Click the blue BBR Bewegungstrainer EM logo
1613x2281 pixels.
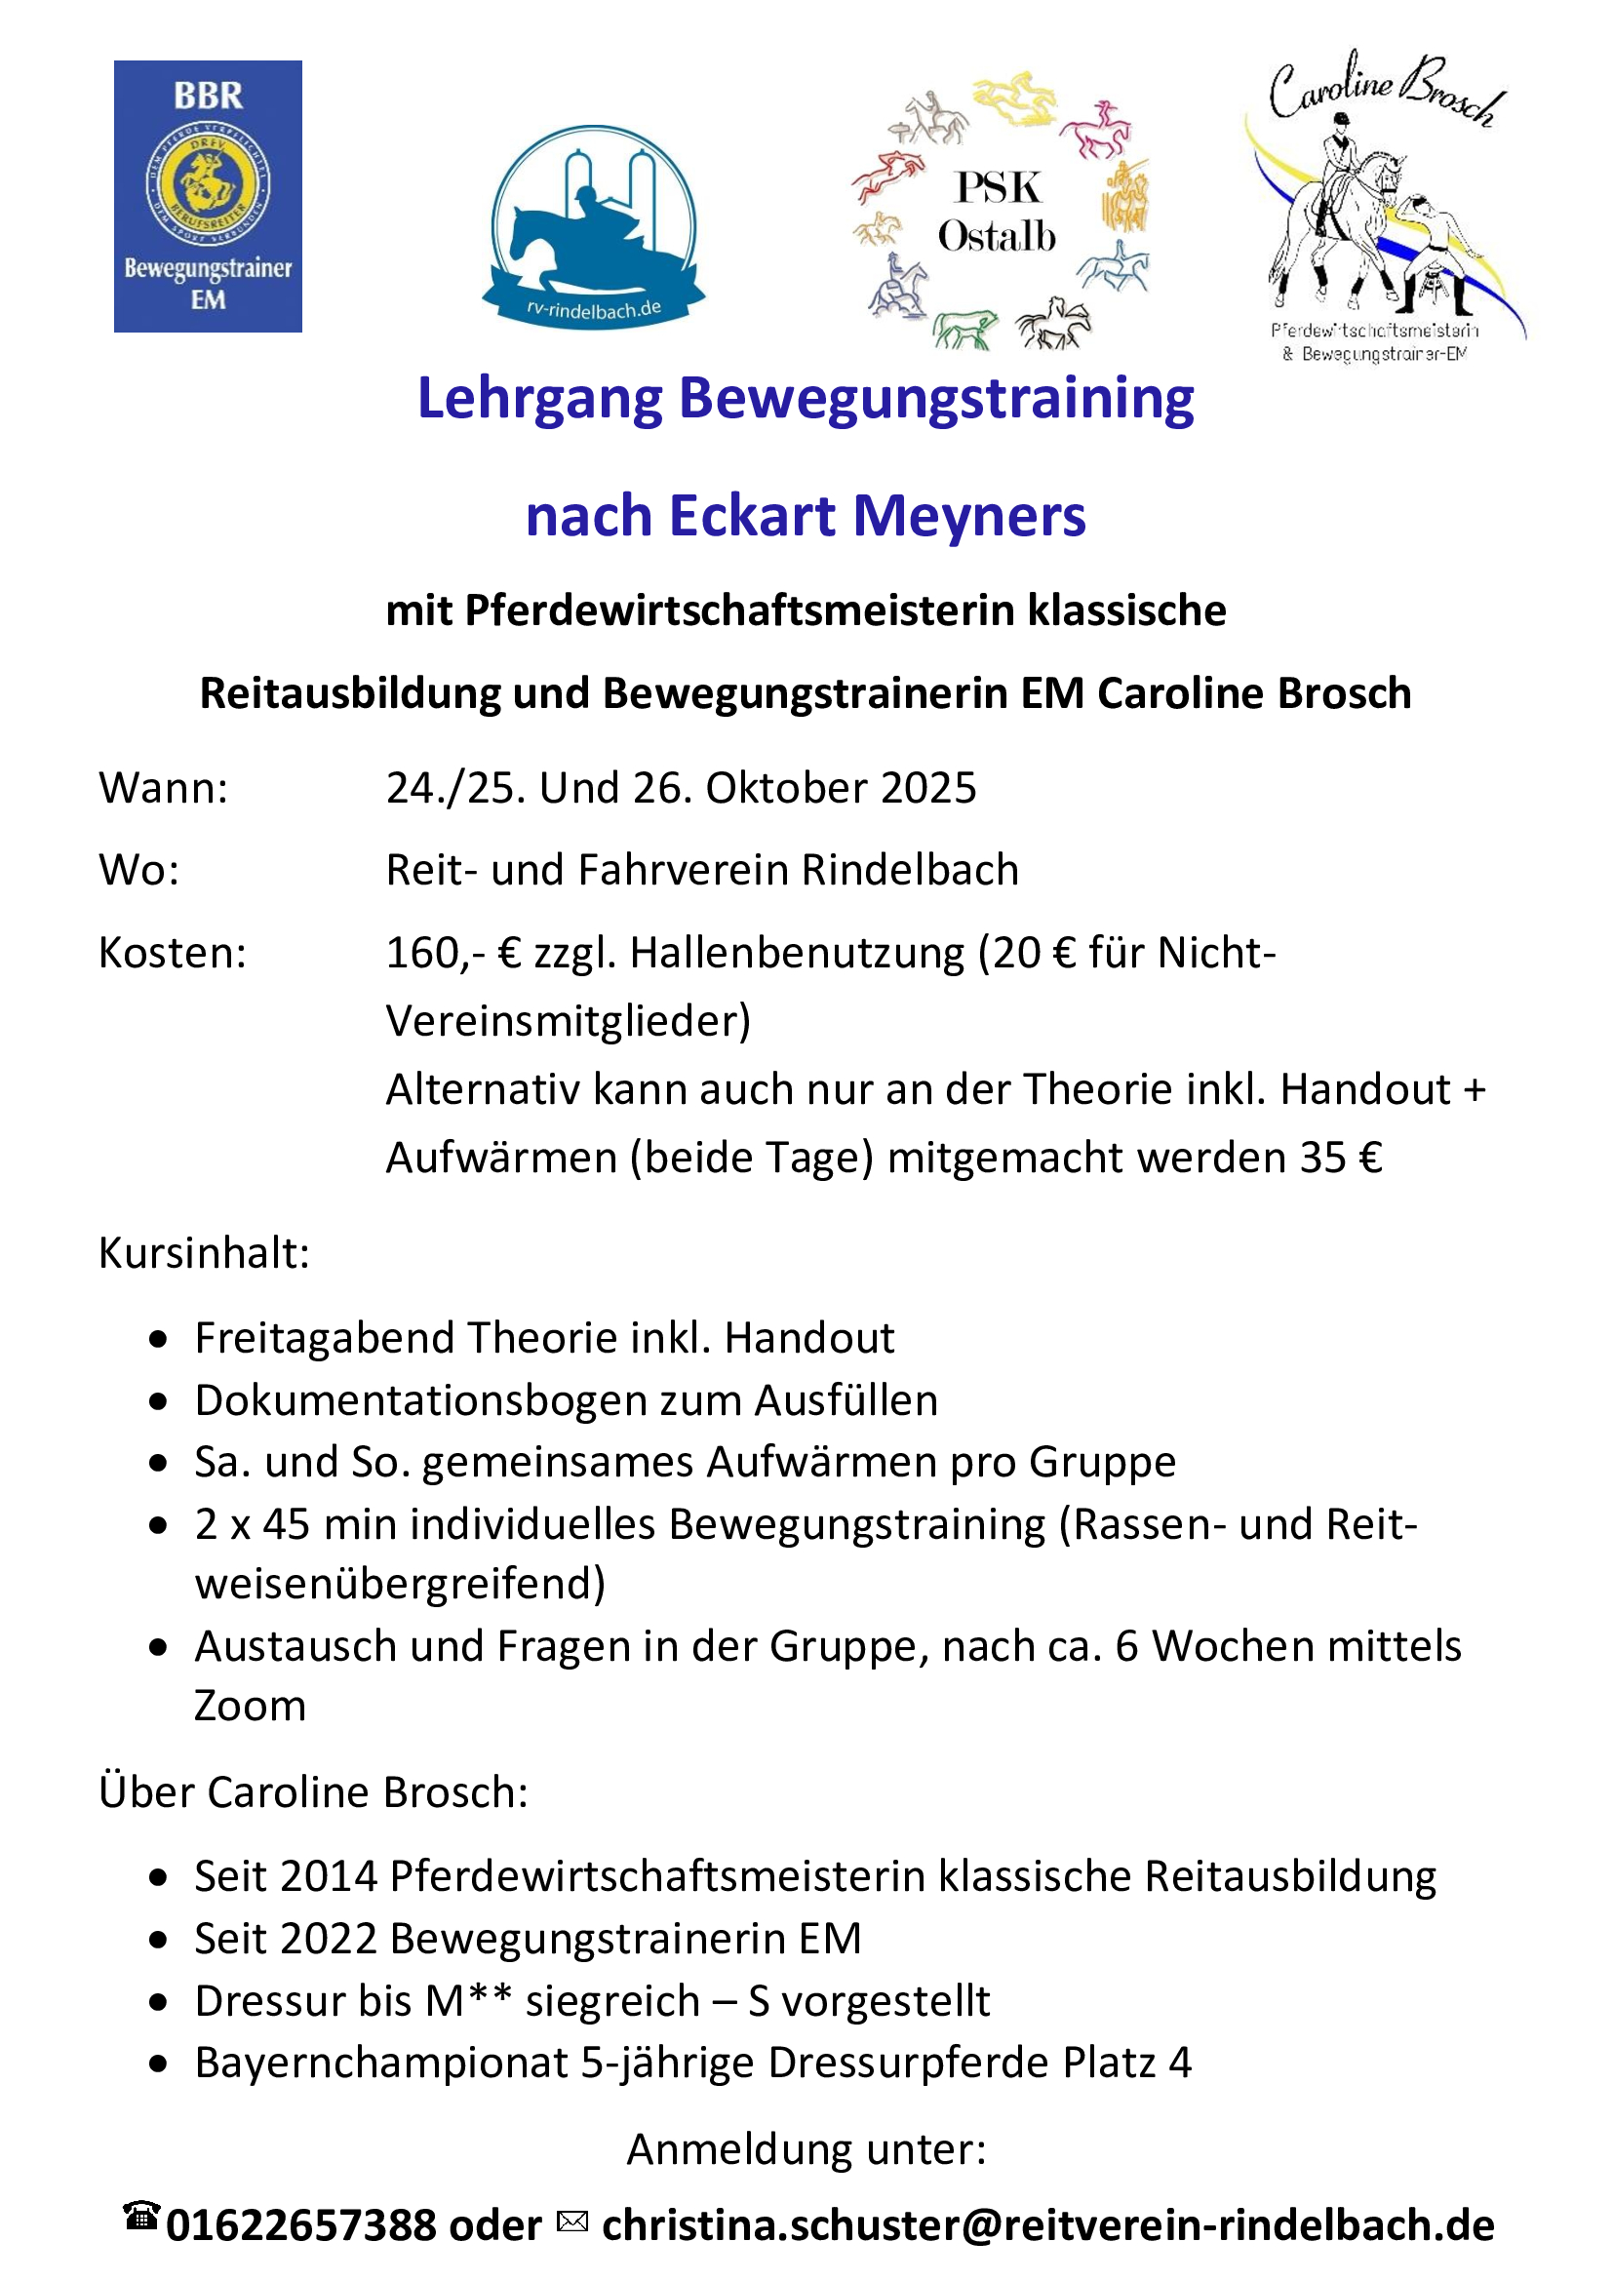coord(208,196)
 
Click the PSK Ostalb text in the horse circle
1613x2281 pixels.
coord(997,212)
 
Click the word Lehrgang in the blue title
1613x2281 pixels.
coord(539,400)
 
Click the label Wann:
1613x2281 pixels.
coord(164,788)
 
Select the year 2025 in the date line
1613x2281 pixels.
coord(927,788)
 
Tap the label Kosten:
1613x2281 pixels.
coord(173,953)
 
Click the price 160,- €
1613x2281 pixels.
coord(452,953)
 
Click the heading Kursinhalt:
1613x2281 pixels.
coord(205,1253)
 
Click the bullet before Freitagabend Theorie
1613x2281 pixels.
coord(159,1340)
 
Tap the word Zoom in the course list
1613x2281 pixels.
coord(251,1706)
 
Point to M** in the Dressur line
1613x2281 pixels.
coord(469,2001)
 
